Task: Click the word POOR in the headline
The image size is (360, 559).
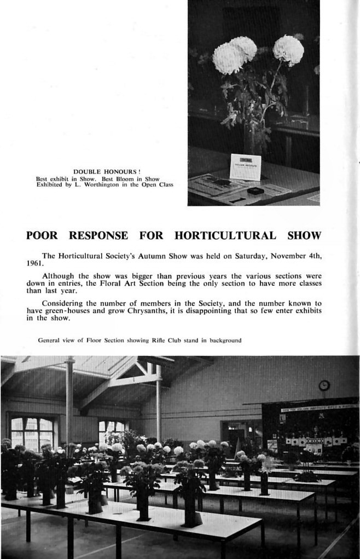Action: click(x=42, y=236)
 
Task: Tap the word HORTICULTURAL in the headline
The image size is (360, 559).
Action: click(x=225, y=236)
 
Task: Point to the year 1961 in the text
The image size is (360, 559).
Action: click(x=34, y=263)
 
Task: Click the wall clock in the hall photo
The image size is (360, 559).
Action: click(x=324, y=385)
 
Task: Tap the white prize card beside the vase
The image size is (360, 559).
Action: click(x=245, y=167)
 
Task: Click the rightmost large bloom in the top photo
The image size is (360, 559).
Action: click(x=288, y=50)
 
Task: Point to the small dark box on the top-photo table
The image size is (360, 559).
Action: click(x=256, y=191)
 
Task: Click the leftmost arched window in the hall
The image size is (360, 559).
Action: click(x=32, y=433)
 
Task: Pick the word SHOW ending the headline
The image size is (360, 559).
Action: click(x=304, y=236)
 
